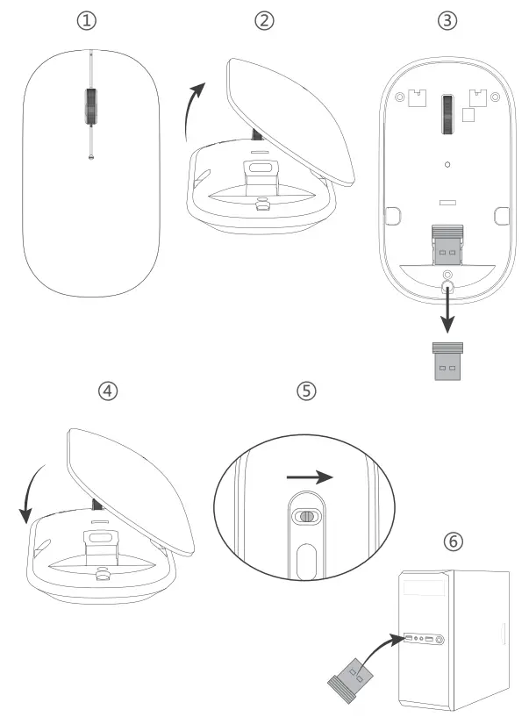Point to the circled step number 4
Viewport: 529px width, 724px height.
[x=107, y=391]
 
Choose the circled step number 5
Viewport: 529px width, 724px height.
[x=305, y=391]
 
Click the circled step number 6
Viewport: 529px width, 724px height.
[x=453, y=541]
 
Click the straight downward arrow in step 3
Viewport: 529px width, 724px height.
[x=448, y=312]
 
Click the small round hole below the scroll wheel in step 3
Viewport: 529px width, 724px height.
[x=447, y=163]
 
